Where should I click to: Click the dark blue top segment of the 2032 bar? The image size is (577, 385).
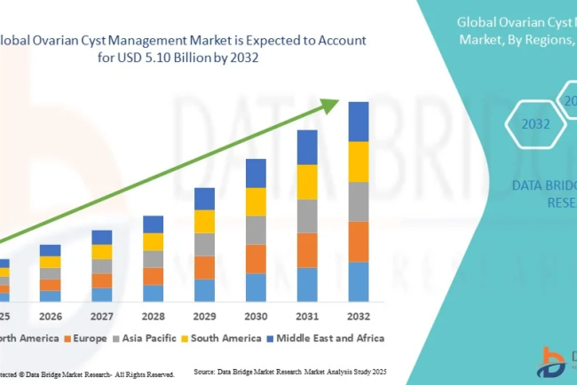click(359, 122)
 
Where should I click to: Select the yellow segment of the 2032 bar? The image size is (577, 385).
click(359, 161)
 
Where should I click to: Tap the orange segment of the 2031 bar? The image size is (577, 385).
click(307, 250)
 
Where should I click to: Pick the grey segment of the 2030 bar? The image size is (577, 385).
click(256, 230)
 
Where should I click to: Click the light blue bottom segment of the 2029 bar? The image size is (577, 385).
click(204, 290)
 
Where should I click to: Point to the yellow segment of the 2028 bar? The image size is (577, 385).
click(153, 241)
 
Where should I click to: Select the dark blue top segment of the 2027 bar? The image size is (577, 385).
click(102, 237)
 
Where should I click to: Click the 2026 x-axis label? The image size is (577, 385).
click(51, 317)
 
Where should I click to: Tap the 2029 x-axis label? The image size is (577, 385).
click(204, 317)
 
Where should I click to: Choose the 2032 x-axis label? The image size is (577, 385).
click(359, 317)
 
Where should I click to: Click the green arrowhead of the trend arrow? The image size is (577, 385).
click(330, 105)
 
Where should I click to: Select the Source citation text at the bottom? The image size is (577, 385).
click(294, 373)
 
